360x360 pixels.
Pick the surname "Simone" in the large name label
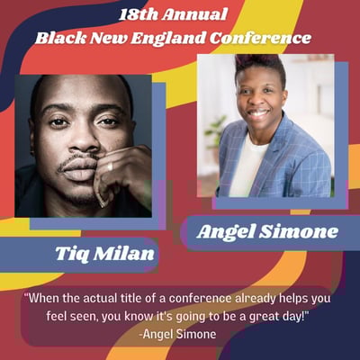coord(298,231)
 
